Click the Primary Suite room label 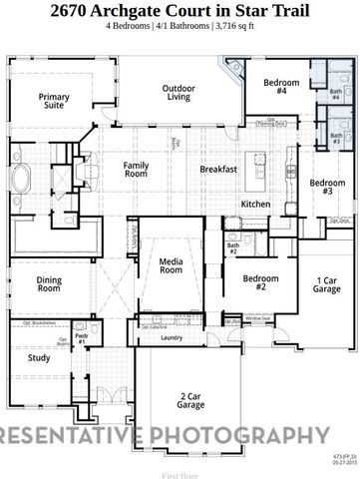[54, 101]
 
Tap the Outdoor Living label [178, 92]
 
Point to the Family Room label [136, 169]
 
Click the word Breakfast [217, 169]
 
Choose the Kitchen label [255, 204]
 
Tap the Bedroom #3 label [327, 187]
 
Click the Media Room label [172, 265]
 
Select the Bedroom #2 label [260, 281]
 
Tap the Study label [39, 357]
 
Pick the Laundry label [172, 338]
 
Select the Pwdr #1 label [83, 338]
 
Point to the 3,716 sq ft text [236, 27]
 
